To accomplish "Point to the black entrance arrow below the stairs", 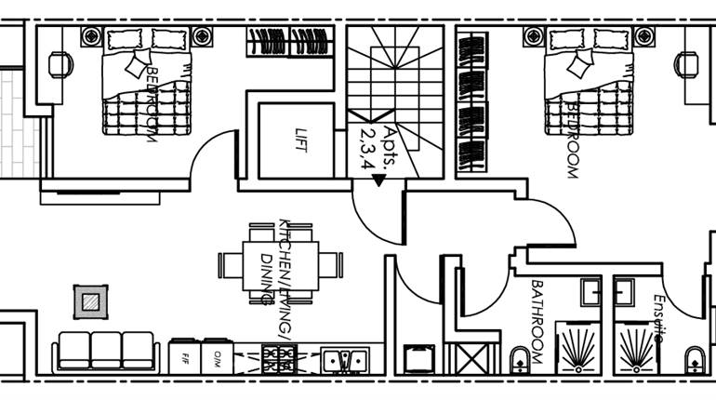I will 378,180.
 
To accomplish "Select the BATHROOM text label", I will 537,312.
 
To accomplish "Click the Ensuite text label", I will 658,318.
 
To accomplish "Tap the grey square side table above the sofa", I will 90,301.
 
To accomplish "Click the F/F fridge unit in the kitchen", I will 185,356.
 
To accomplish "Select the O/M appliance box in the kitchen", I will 217,356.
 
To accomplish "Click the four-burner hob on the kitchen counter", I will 278,357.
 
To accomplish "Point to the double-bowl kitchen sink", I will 344,358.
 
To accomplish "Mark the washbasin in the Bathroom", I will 592,291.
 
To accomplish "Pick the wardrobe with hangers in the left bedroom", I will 290,43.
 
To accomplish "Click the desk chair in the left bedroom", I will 60,63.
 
